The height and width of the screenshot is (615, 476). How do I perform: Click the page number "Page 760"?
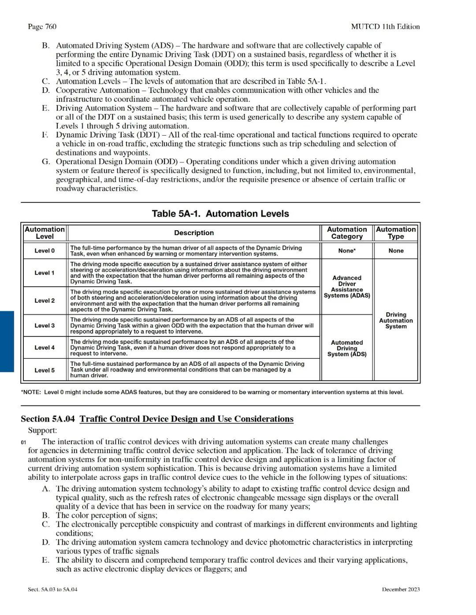point(42,26)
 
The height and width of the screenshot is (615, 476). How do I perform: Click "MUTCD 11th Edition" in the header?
point(385,26)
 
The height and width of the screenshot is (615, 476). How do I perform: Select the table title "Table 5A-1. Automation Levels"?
point(220,214)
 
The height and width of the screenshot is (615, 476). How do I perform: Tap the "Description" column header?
point(194,233)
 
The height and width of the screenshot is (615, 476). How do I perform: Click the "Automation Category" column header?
point(347,233)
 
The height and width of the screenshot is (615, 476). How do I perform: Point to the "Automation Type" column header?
point(396,233)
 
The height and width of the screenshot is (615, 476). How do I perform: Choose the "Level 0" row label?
point(45,251)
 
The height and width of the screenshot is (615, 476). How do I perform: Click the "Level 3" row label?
point(45,326)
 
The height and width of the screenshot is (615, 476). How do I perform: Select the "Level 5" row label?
point(45,370)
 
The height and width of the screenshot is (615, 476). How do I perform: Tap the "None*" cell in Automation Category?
point(347,251)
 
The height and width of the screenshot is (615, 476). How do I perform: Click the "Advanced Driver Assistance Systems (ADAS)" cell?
point(347,287)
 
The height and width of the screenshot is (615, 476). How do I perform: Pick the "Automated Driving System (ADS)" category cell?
point(347,348)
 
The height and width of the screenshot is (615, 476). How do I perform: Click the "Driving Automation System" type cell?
point(396,320)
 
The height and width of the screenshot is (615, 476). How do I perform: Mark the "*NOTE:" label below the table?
point(31,392)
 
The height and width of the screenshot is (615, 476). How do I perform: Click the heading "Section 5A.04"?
point(48,419)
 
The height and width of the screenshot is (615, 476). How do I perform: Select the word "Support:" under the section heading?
point(42,431)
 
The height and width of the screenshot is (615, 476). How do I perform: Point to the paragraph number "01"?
point(24,442)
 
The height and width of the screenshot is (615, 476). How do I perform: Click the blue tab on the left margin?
point(7,341)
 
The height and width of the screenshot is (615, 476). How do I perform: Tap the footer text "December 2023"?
point(401,589)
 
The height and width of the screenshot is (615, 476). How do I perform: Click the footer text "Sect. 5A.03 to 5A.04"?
point(52,589)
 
